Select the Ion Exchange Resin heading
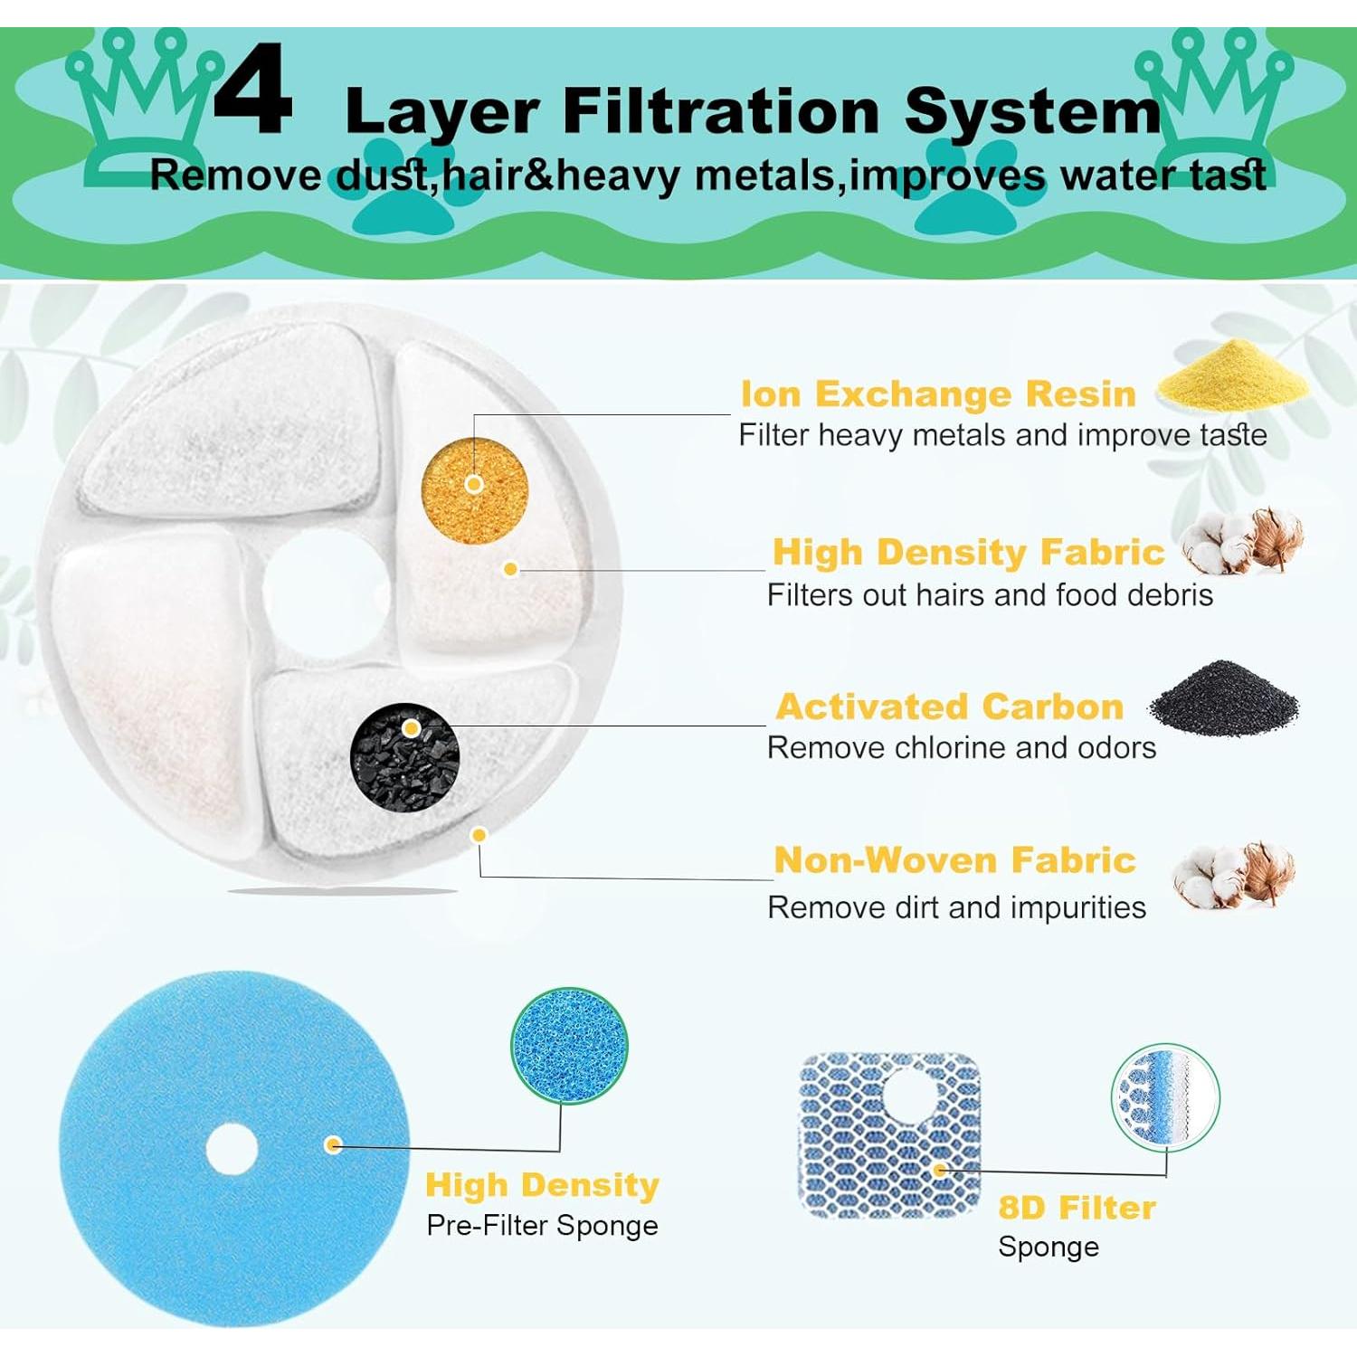[x=937, y=394]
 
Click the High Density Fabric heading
[x=968, y=552]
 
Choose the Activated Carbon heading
[x=949, y=707]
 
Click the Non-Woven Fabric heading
[x=954, y=860]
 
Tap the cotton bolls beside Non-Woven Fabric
[x=1236, y=874]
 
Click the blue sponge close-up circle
[x=569, y=1046]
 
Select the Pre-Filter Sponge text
[x=542, y=1226]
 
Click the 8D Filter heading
[x=1077, y=1208]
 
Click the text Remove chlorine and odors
[x=961, y=748]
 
